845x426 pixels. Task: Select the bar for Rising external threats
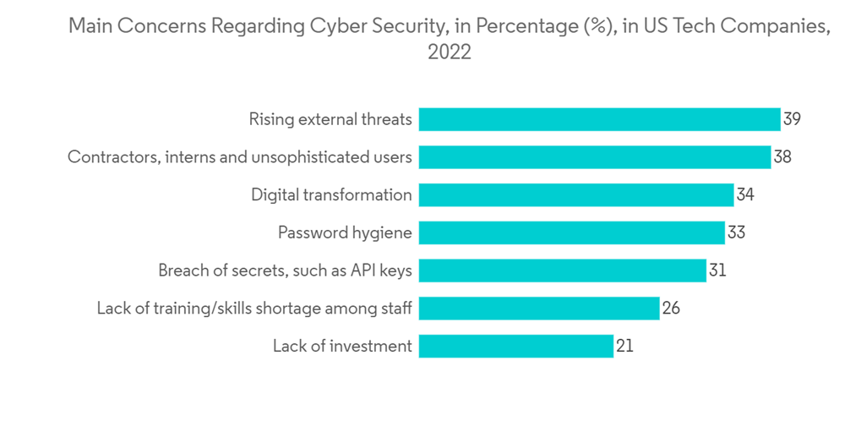pos(599,119)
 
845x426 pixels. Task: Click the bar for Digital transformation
pos(576,195)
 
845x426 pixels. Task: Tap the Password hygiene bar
pos(572,232)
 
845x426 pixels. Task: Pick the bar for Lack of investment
pos(516,346)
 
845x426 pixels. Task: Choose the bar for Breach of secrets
pos(563,270)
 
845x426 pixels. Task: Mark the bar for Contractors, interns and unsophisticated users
pos(595,157)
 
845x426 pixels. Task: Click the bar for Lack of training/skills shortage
pos(539,309)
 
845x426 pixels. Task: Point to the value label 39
pos(792,119)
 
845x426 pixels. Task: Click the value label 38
pos(782,157)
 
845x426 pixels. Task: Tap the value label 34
pos(745,195)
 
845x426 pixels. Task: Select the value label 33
pos(736,232)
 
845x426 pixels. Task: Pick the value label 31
pos(717,270)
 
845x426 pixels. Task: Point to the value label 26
pos(671,309)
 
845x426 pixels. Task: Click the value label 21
pos(624,346)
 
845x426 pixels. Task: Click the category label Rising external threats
pos(330,119)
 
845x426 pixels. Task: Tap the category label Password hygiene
pos(345,232)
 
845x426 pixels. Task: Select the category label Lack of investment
pos(342,346)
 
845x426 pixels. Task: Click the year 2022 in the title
pos(449,52)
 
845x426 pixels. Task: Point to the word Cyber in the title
pos(313,26)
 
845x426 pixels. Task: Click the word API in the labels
pos(368,270)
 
